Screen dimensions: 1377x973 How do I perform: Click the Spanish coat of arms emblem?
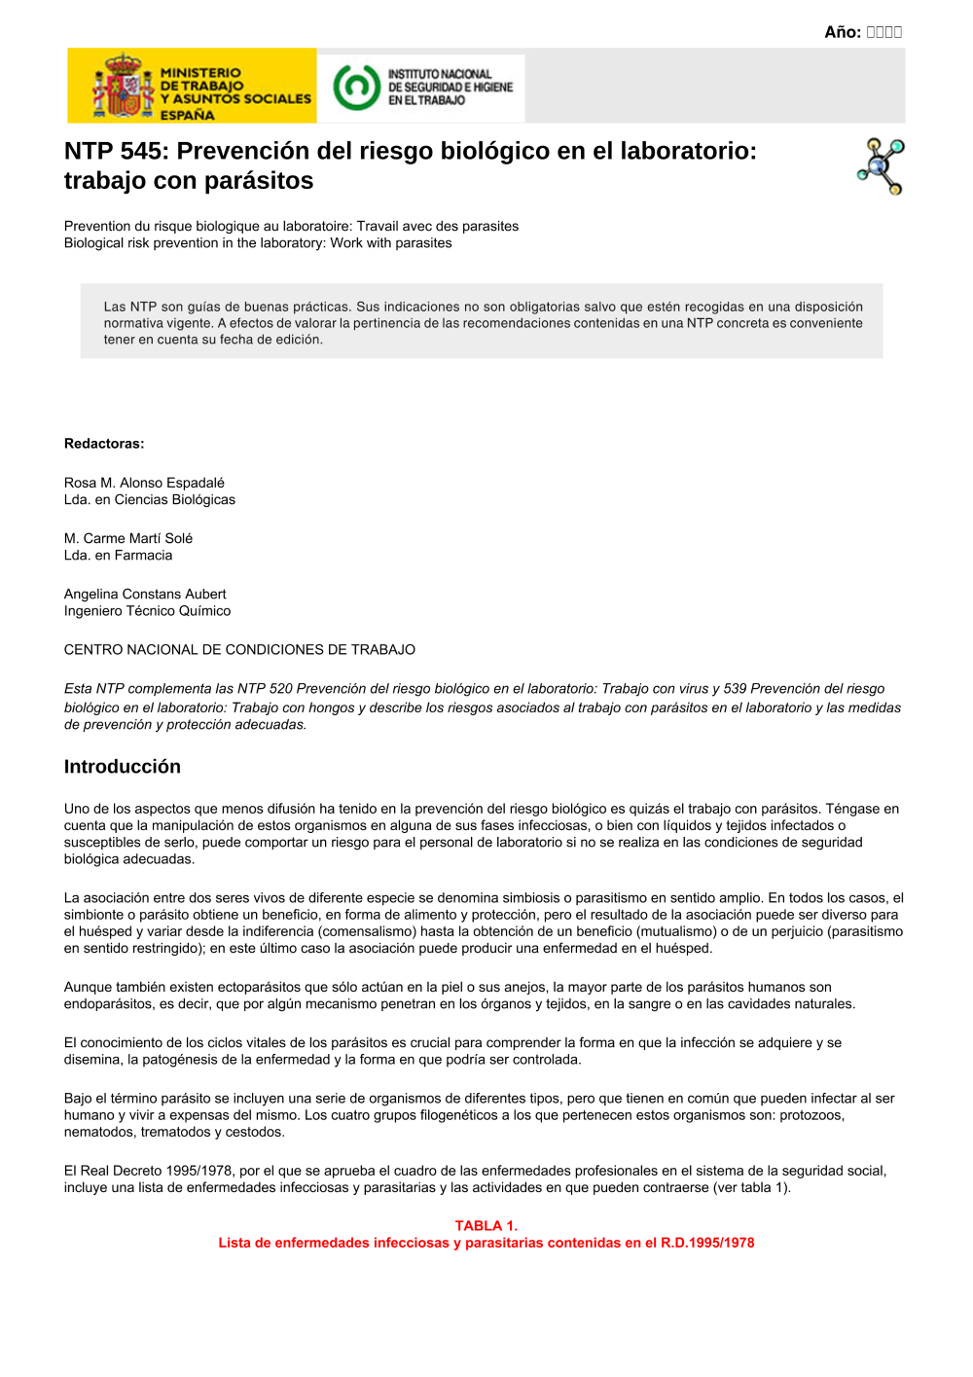[x=123, y=87]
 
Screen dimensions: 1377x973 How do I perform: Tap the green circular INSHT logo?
[x=356, y=87]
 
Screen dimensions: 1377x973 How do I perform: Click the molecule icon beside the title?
[x=882, y=166]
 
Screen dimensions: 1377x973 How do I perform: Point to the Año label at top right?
[x=842, y=32]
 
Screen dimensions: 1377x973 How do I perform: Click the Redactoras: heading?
[x=104, y=444]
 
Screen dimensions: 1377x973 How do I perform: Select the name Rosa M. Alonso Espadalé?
[x=144, y=483]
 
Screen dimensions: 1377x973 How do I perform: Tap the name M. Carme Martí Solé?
[x=128, y=538]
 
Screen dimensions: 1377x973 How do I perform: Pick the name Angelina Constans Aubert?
[x=145, y=594]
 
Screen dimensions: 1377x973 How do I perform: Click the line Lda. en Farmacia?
[x=118, y=556]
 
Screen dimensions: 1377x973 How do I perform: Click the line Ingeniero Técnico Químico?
[x=147, y=611]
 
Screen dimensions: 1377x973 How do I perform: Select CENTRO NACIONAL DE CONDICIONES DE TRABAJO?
[x=239, y=650]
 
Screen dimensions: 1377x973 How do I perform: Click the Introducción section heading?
[x=123, y=767]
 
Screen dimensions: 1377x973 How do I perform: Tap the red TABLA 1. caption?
[x=486, y=1226]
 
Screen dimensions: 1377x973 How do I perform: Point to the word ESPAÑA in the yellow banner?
[x=188, y=115]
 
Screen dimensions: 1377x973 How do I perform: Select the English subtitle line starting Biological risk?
[x=258, y=243]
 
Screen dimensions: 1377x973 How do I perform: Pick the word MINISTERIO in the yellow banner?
[x=200, y=73]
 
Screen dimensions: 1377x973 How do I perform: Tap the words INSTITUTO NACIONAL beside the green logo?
[x=440, y=74]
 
